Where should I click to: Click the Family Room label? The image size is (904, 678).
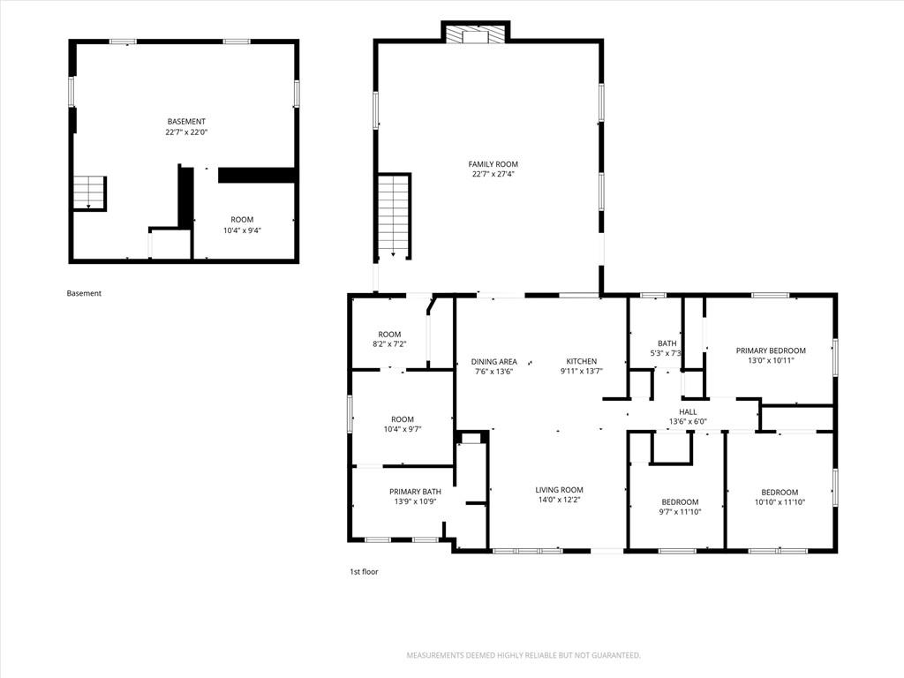[493, 164]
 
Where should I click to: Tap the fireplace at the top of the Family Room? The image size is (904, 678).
[476, 34]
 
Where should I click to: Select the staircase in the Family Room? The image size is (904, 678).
[394, 216]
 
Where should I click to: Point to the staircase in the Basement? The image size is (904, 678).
[89, 193]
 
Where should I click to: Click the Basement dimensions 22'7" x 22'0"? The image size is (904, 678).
[186, 132]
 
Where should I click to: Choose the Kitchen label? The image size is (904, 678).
[581, 361]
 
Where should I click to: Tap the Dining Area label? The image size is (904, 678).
[494, 362]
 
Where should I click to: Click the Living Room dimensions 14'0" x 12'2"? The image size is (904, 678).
[559, 500]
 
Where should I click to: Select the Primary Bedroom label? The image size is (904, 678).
[771, 350]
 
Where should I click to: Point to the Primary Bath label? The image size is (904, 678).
[415, 492]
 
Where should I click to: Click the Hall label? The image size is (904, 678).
[688, 411]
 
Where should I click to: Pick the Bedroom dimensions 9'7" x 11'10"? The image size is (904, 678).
[681, 512]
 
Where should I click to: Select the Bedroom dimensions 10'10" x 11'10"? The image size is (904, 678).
[780, 502]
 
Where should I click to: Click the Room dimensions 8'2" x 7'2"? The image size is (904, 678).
[389, 344]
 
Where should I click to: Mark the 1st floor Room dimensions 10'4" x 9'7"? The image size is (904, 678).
[403, 429]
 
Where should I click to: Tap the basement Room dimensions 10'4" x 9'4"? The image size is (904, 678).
[242, 230]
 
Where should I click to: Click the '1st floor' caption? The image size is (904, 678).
[364, 572]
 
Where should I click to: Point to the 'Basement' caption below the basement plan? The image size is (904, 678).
[84, 293]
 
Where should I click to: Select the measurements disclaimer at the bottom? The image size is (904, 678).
[524, 656]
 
